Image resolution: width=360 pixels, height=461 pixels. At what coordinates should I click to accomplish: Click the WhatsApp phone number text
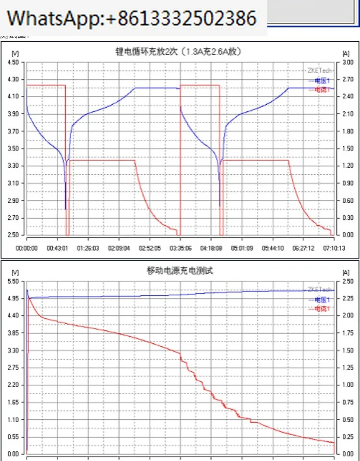pyautogui.click(x=132, y=18)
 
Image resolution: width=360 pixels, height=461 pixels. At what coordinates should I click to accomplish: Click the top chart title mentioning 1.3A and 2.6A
pyautogui.click(x=180, y=52)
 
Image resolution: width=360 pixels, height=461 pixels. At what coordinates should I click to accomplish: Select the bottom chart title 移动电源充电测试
pyautogui.click(x=180, y=271)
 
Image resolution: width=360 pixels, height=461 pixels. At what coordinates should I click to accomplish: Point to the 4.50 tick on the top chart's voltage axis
pyautogui.click(x=13, y=62)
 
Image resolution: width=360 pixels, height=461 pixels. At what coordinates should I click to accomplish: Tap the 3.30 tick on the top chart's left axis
pyautogui.click(x=13, y=166)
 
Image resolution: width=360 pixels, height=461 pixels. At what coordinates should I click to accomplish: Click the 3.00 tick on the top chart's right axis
pyautogui.click(x=348, y=62)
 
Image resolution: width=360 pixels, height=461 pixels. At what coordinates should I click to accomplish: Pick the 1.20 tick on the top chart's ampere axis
pyautogui.click(x=348, y=166)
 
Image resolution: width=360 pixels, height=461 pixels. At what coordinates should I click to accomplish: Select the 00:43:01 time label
pyautogui.click(x=57, y=248)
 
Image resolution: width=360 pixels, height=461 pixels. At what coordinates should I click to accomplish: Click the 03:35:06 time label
pyautogui.click(x=180, y=248)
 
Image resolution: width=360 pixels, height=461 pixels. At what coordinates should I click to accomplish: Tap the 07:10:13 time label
pyautogui.click(x=333, y=248)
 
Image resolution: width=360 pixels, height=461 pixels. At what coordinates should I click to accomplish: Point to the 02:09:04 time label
pyautogui.click(x=119, y=248)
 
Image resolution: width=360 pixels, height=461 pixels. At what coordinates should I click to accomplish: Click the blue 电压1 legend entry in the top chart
pyautogui.click(x=322, y=81)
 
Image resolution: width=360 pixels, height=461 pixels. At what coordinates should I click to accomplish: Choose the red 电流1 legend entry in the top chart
pyautogui.click(x=322, y=90)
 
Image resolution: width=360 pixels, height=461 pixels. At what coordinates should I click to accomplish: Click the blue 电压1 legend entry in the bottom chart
pyautogui.click(x=322, y=300)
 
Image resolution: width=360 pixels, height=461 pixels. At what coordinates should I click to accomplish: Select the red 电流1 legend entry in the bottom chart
pyautogui.click(x=322, y=309)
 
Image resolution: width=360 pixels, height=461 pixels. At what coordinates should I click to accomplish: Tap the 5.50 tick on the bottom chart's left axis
pyautogui.click(x=13, y=281)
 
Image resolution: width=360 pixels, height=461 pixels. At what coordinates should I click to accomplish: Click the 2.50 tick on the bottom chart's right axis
pyautogui.click(x=348, y=281)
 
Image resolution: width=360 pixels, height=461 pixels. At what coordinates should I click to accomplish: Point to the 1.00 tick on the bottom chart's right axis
pyautogui.click(x=348, y=385)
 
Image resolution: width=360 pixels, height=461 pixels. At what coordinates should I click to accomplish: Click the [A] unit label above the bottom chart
pyautogui.click(x=346, y=272)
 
